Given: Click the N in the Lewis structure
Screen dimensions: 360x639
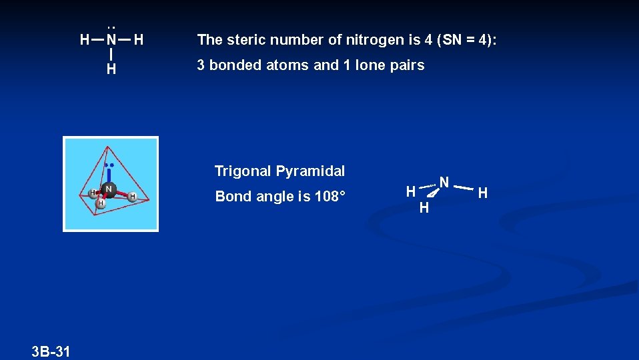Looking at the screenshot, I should [111, 40].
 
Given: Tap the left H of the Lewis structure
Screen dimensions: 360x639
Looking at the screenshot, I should [84, 40].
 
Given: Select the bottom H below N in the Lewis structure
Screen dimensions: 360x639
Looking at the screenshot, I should [111, 69].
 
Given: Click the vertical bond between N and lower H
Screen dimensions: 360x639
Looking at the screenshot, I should [111, 54].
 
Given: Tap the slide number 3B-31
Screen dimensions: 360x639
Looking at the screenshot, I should [51, 351].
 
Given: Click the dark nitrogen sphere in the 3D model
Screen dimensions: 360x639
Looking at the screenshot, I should [108, 189].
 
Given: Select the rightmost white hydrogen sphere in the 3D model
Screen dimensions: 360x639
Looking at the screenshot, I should [133, 197].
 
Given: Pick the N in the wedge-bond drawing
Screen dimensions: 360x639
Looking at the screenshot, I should [444, 181].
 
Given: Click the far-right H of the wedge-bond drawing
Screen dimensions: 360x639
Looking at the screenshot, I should [483, 193].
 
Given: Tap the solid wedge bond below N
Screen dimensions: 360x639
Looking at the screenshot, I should [432, 194].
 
